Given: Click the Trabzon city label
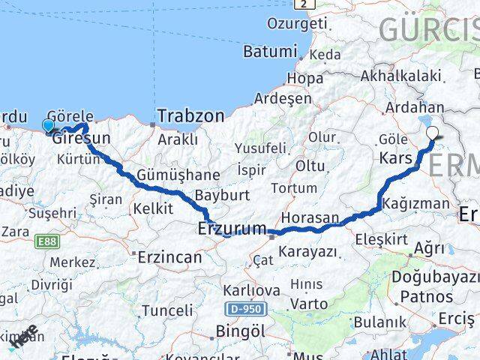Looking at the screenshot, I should [190, 116].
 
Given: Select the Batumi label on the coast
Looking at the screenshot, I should [270, 52].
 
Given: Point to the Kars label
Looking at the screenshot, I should [397, 159].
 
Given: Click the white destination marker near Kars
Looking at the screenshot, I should [433, 133].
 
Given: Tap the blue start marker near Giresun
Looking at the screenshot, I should [49, 125].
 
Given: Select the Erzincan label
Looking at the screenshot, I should [169, 256].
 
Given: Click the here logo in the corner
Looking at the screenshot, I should [24, 337].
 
